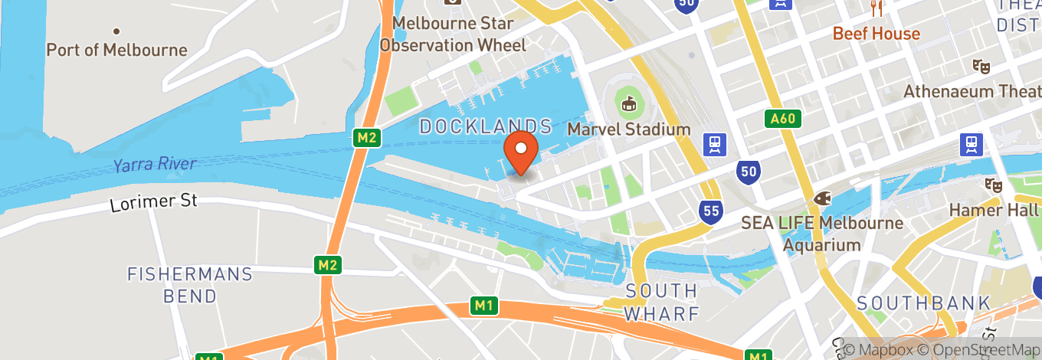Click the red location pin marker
(x=522, y=152)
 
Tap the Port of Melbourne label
(x=116, y=50)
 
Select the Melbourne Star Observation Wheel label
(x=453, y=34)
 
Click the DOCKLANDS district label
(x=486, y=126)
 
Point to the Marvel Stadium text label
(x=629, y=129)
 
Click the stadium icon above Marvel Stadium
(x=629, y=103)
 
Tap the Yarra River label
(x=154, y=165)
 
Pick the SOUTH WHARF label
(x=661, y=303)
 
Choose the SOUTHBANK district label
(x=923, y=303)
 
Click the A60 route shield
(x=783, y=118)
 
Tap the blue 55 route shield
(x=712, y=210)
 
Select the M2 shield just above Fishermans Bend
(x=328, y=265)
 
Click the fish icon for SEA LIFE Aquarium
(x=822, y=198)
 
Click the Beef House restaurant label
(x=876, y=34)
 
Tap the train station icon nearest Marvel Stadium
(x=716, y=144)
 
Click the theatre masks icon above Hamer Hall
(x=994, y=185)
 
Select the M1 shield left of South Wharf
(x=483, y=306)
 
